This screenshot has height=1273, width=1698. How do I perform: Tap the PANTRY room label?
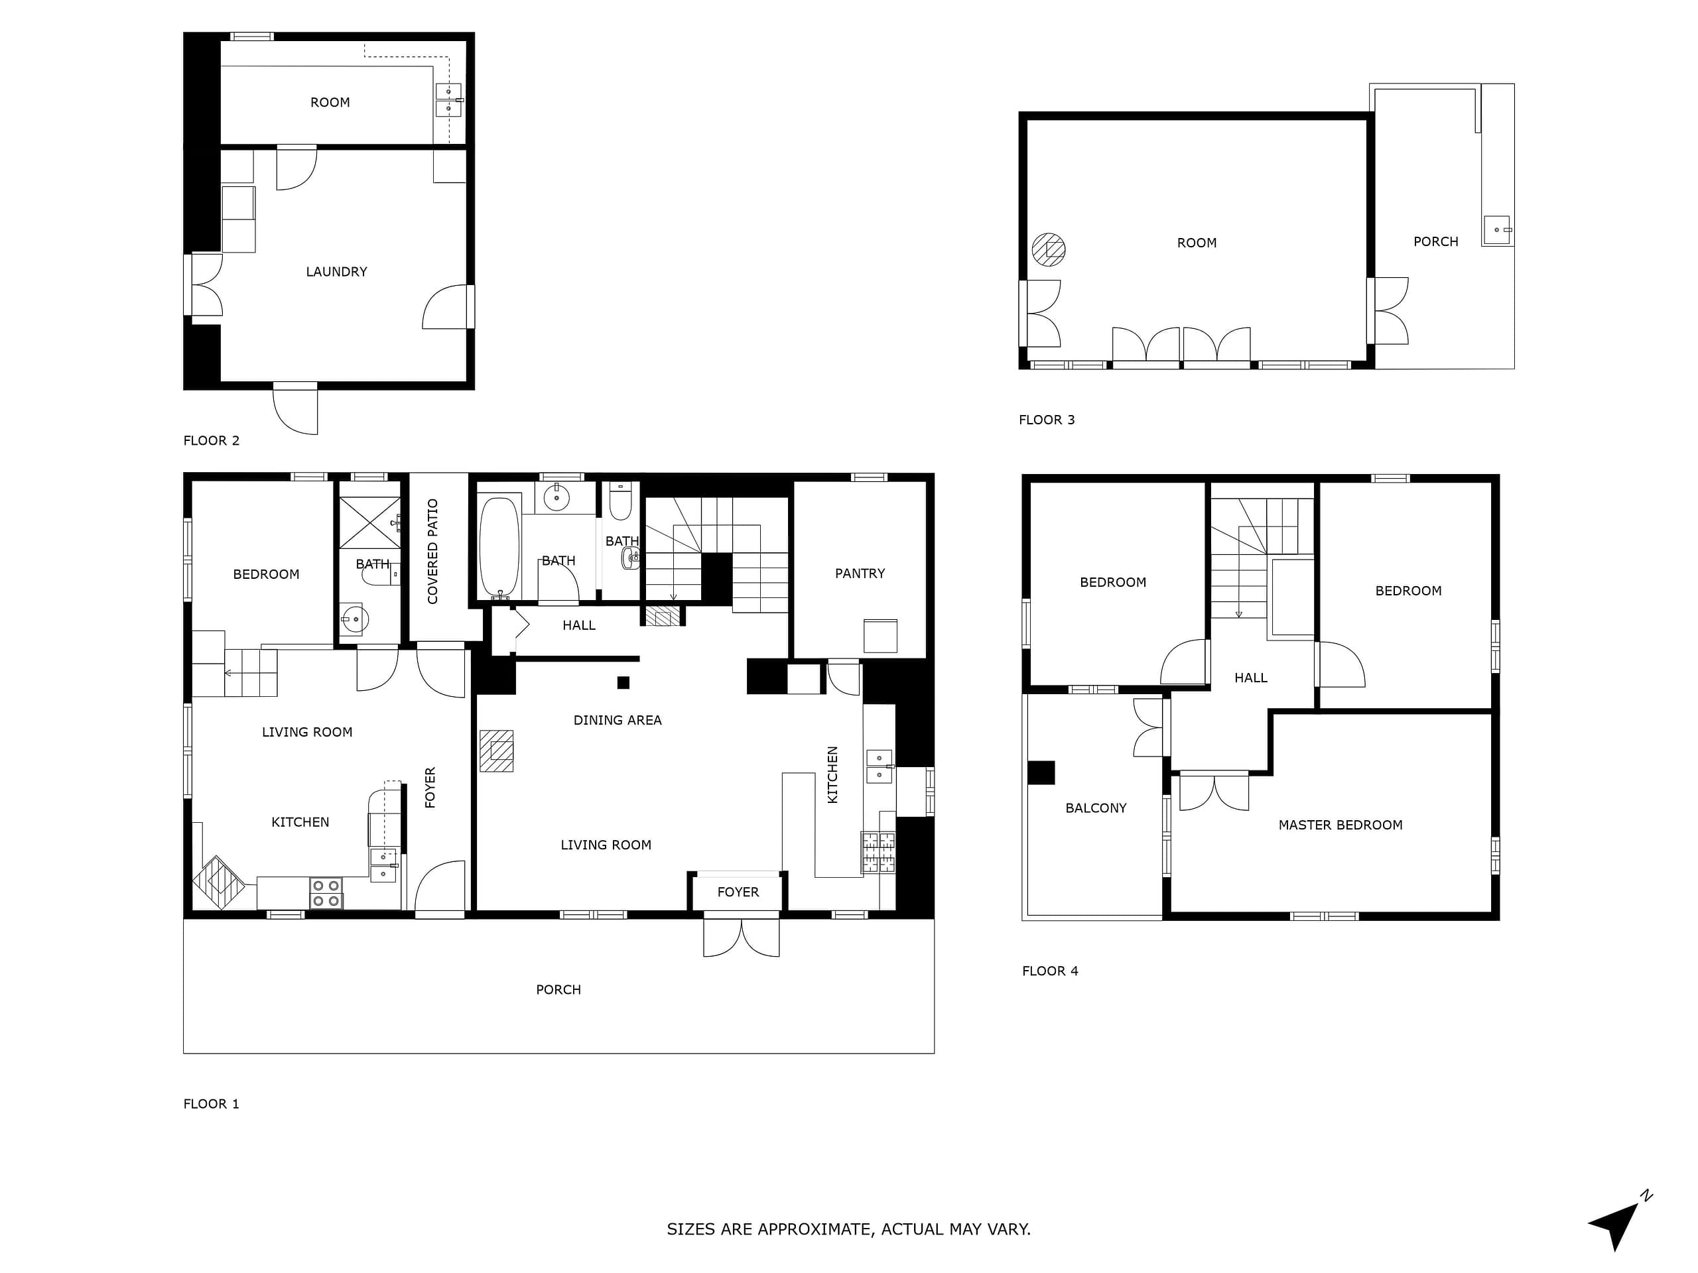pos(860,574)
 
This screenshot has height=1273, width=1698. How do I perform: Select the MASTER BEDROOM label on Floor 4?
pos(1340,825)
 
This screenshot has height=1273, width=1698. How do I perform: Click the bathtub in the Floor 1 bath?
pos(499,547)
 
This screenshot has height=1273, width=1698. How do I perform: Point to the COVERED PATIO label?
pos(433,551)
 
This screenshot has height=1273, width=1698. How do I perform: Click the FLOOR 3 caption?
pos(1046,420)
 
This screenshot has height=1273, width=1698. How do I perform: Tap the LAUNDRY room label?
pos(336,272)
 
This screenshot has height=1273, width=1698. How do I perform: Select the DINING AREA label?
pos(617,720)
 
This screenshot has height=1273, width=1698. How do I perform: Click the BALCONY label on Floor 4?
pos(1096,808)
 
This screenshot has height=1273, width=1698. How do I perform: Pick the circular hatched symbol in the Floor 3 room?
pos(1049,249)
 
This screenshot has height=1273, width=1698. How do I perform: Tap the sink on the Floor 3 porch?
pos(1497,230)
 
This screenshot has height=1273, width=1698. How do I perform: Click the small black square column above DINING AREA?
pos(623,682)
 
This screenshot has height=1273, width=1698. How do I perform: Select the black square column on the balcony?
pos(1041,772)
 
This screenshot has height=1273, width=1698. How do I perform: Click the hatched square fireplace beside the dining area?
pos(497,751)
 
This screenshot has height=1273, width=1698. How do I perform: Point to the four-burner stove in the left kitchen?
pos(326,893)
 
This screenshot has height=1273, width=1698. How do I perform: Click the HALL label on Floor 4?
pos(1250,678)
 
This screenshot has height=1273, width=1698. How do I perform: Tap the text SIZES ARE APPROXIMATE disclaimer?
pos(848,1229)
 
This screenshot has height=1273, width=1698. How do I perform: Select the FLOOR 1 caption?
pos(211,1103)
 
